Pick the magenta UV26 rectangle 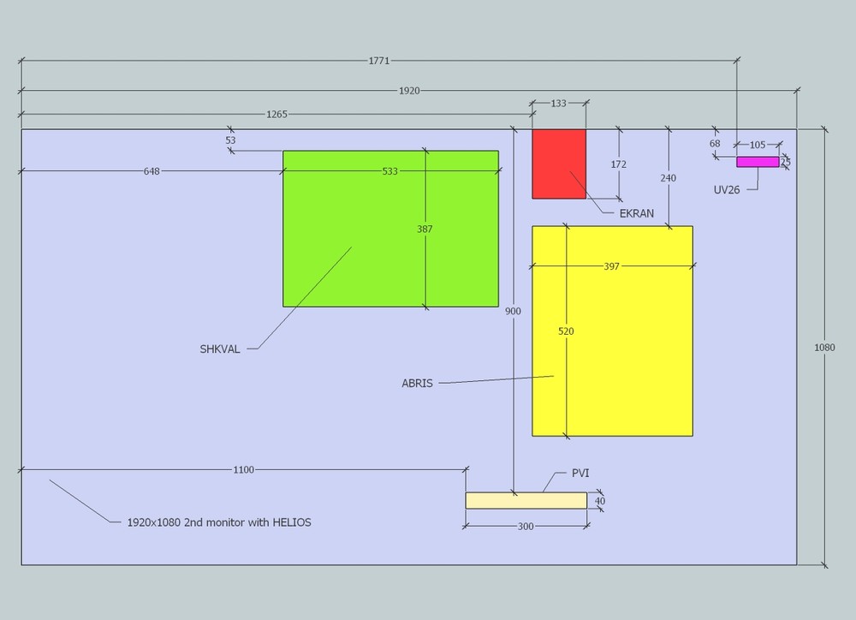pyautogui.click(x=758, y=162)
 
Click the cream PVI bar pyautogui.click(x=526, y=501)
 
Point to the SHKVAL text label pyautogui.click(x=220, y=349)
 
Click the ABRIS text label pyautogui.click(x=417, y=384)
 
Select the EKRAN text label pyautogui.click(x=636, y=214)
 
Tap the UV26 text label pyautogui.click(x=727, y=189)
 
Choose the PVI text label pyautogui.click(x=580, y=474)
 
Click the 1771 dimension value pyautogui.click(x=379, y=61)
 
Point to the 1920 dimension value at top pyautogui.click(x=409, y=91)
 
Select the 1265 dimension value pyautogui.click(x=276, y=114)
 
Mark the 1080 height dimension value pyautogui.click(x=824, y=348)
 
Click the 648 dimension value pyautogui.click(x=152, y=171)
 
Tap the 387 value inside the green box pyautogui.click(x=425, y=230)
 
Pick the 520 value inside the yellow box pyautogui.click(x=566, y=331)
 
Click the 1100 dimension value pyautogui.click(x=243, y=469)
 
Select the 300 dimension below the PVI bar pyautogui.click(x=526, y=527)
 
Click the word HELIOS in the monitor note pyautogui.click(x=292, y=522)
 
